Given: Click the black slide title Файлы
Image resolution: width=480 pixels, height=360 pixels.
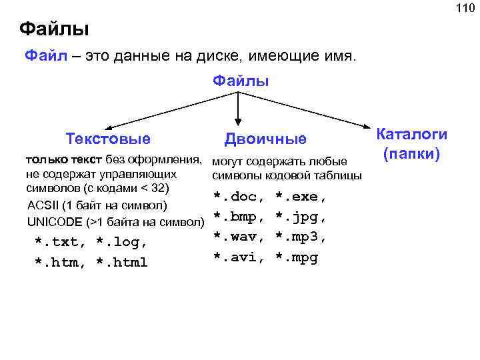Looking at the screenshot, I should (54, 29).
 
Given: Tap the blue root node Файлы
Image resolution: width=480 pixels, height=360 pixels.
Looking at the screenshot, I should (241, 81).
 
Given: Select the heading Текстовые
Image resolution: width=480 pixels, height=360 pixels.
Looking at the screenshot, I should (108, 139).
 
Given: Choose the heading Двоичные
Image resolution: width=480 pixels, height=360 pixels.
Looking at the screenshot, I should (265, 139).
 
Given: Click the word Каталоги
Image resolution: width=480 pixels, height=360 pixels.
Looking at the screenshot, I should (412, 133).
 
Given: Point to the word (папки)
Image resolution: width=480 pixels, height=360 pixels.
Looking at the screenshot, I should (411, 154).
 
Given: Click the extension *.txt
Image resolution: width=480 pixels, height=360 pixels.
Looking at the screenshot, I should (59, 241).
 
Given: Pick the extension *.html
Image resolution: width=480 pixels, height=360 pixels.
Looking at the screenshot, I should (122, 262).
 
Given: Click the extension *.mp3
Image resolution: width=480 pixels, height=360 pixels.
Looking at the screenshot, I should (301, 236).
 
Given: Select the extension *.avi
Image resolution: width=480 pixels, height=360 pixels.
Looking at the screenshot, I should (237, 257).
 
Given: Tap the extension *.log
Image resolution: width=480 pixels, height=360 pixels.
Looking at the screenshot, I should (121, 241).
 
